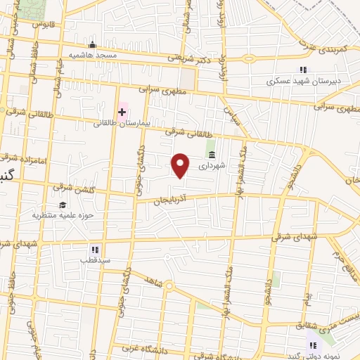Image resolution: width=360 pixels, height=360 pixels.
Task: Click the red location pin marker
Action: click(x=181, y=165)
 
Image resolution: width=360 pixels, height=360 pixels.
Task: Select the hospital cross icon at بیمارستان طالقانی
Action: click(x=122, y=112)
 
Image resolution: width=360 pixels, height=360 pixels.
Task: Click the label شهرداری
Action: click(x=212, y=167)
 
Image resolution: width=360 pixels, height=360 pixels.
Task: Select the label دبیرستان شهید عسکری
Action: click(x=302, y=81)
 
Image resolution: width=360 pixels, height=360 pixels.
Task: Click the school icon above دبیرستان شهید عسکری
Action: click(x=303, y=70)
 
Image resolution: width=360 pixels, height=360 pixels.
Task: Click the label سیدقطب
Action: click(x=95, y=259)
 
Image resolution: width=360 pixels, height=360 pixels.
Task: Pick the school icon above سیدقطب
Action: click(x=95, y=250)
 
